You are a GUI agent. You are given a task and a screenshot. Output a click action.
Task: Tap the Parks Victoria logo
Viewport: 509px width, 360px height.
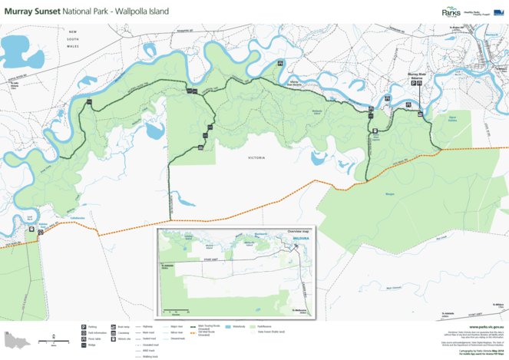tap(452, 12)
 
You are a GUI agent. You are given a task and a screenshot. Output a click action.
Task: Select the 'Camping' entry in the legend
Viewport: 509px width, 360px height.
tap(124, 332)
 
